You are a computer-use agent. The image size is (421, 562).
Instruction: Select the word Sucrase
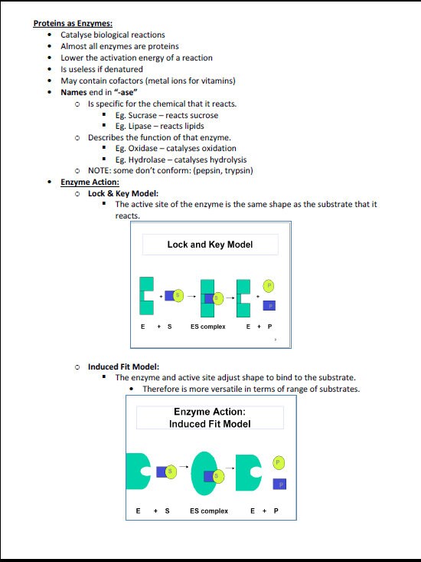142,115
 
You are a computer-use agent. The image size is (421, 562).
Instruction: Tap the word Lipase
139,126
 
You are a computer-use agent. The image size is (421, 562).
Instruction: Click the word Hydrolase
148,159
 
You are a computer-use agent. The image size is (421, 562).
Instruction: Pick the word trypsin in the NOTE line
236,170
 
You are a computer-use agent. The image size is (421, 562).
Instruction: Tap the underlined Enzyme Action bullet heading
90,182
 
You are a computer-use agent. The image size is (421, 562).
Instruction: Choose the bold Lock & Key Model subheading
123,193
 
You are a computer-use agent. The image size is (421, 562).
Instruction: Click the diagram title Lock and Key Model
210,245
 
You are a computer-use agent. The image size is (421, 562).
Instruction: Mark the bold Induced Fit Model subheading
123,366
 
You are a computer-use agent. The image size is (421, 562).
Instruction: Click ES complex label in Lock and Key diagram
207,326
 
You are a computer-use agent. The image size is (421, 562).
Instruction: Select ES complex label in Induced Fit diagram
209,511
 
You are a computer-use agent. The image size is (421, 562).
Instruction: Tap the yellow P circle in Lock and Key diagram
269,285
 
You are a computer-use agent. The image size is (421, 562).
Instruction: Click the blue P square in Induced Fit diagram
279,484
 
